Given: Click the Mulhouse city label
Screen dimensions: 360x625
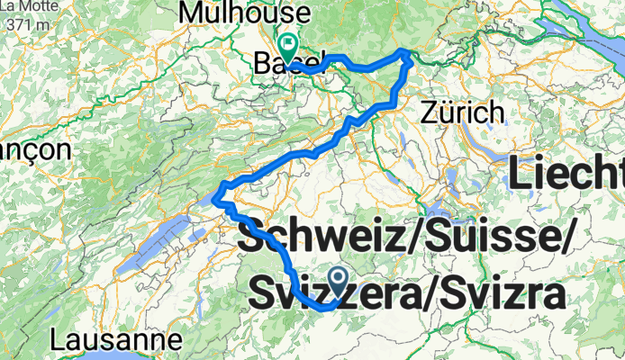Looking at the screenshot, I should pos(245,13).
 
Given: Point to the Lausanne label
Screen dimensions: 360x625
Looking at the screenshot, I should pos(115,341).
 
